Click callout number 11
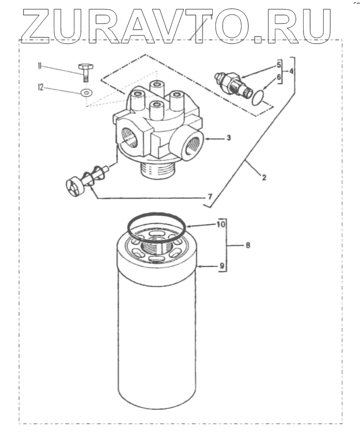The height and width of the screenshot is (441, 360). (x=38, y=66)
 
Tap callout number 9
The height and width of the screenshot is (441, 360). (x=222, y=266)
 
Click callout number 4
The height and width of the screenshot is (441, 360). (x=291, y=72)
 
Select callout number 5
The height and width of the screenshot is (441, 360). (x=278, y=65)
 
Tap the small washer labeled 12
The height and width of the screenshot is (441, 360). (x=86, y=93)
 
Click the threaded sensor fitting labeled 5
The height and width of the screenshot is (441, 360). (x=234, y=82)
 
